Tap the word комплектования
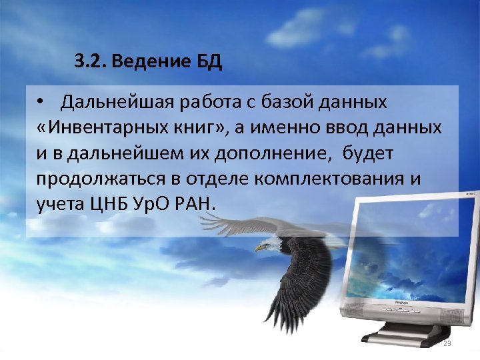coord(335,179)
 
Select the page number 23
coord(447,343)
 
